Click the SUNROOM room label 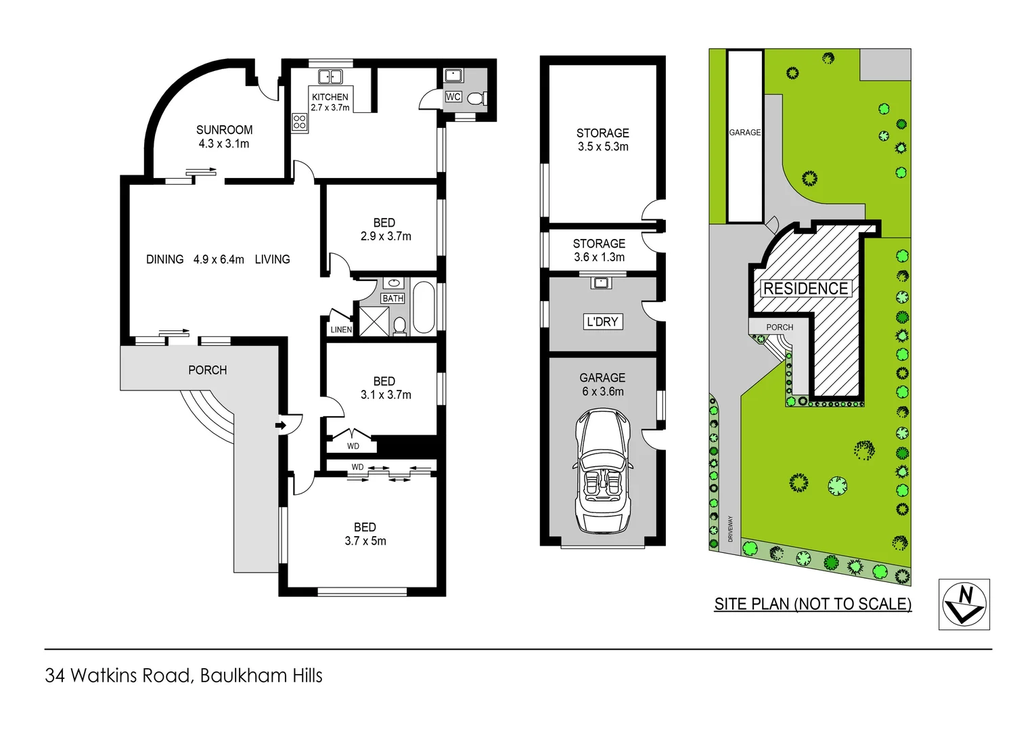[x=224, y=130]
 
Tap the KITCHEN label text [x=330, y=97]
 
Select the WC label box [x=453, y=97]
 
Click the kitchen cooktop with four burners [x=300, y=123]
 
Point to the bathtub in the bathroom [x=424, y=307]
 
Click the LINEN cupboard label [x=341, y=330]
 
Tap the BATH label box [x=392, y=298]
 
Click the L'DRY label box [x=602, y=322]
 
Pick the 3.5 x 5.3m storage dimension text [x=602, y=147]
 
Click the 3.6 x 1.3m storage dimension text [x=599, y=257]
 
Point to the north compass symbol [x=964, y=604]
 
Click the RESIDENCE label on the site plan [x=805, y=289]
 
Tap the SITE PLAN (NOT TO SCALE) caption [x=813, y=604]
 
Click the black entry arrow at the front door [x=280, y=425]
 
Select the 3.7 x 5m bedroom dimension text [x=365, y=541]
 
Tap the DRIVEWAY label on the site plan [x=730, y=529]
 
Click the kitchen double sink [x=330, y=76]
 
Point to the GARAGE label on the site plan [x=744, y=133]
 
